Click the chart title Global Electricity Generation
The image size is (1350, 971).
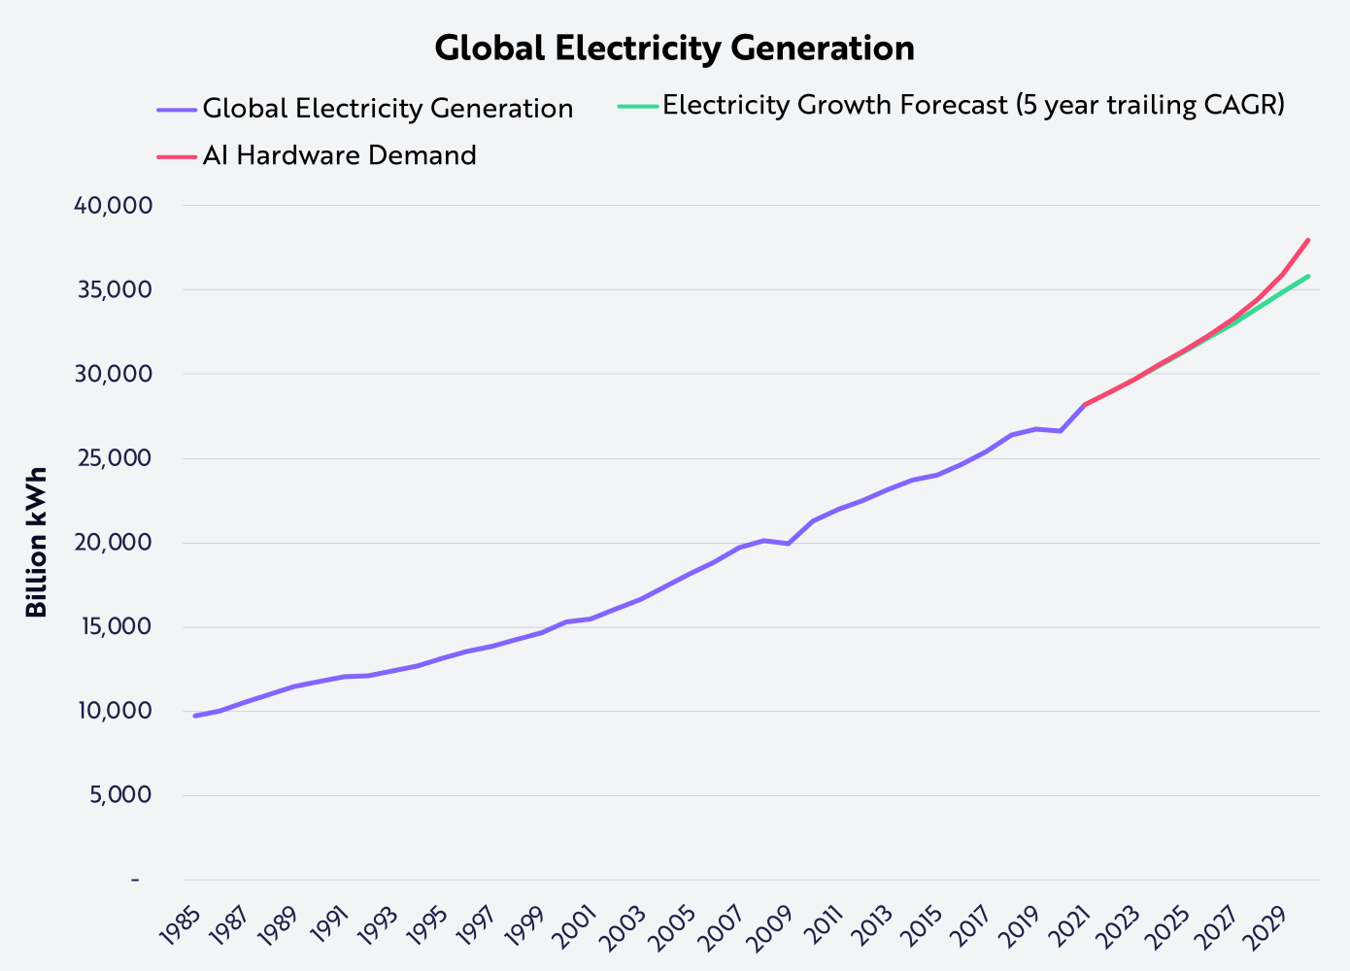pyautogui.click(x=674, y=49)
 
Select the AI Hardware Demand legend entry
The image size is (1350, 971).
pyautogui.click(x=339, y=155)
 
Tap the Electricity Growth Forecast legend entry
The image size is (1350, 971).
pyautogui.click(x=973, y=105)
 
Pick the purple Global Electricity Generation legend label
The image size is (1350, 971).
pyautogui.click(x=388, y=109)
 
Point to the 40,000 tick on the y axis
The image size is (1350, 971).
pyautogui.click(x=115, y=206)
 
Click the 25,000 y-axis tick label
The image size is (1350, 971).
pyautogui.click(x=115, y=458)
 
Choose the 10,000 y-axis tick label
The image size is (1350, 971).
pyautogui.click(x=115, y=711)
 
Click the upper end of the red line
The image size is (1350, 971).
pyautogui.click(x=1308, y=240)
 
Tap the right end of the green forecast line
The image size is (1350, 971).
pyautogui.click(x=1308, y=277)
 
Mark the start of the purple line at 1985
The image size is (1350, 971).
pyautogui.click(x=195, y=716)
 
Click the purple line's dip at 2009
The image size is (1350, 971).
pyautogui.click(x=788, y=543)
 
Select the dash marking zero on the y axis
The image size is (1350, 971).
pyautogui.click(x=135, y=880)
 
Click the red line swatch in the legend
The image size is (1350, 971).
pyautogui.click(x=176, y=155)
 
